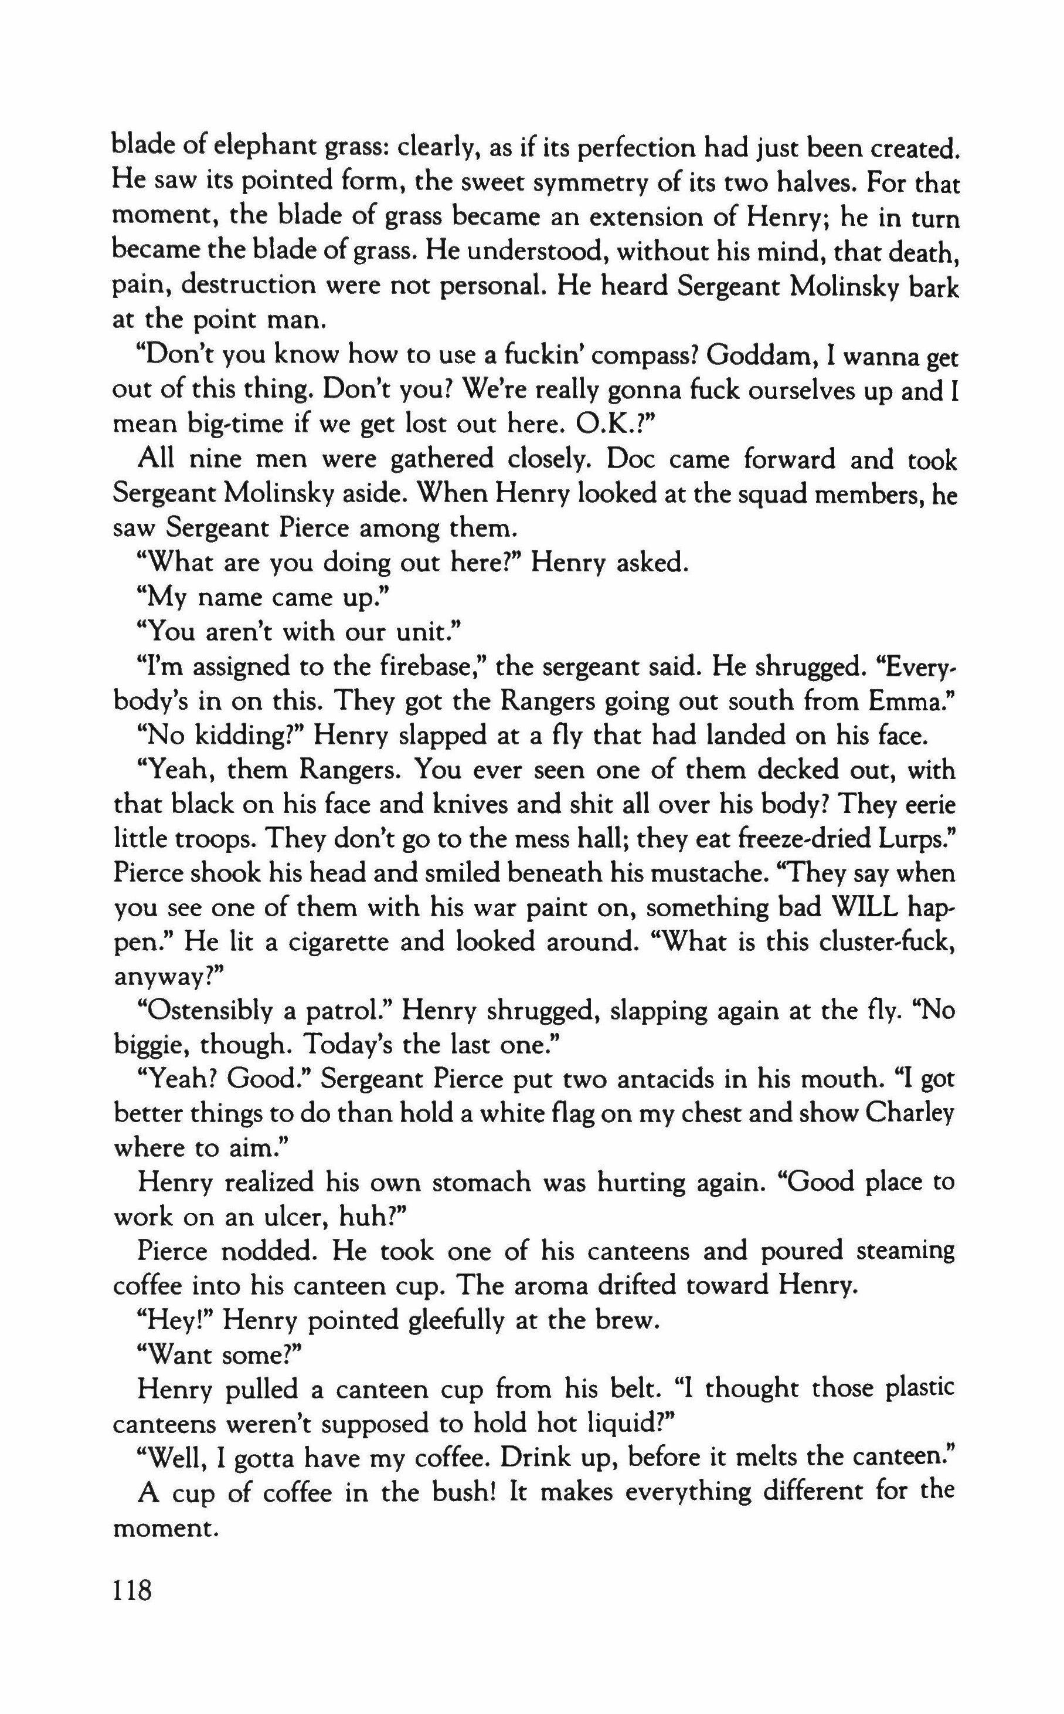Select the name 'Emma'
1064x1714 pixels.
pos(909,701)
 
